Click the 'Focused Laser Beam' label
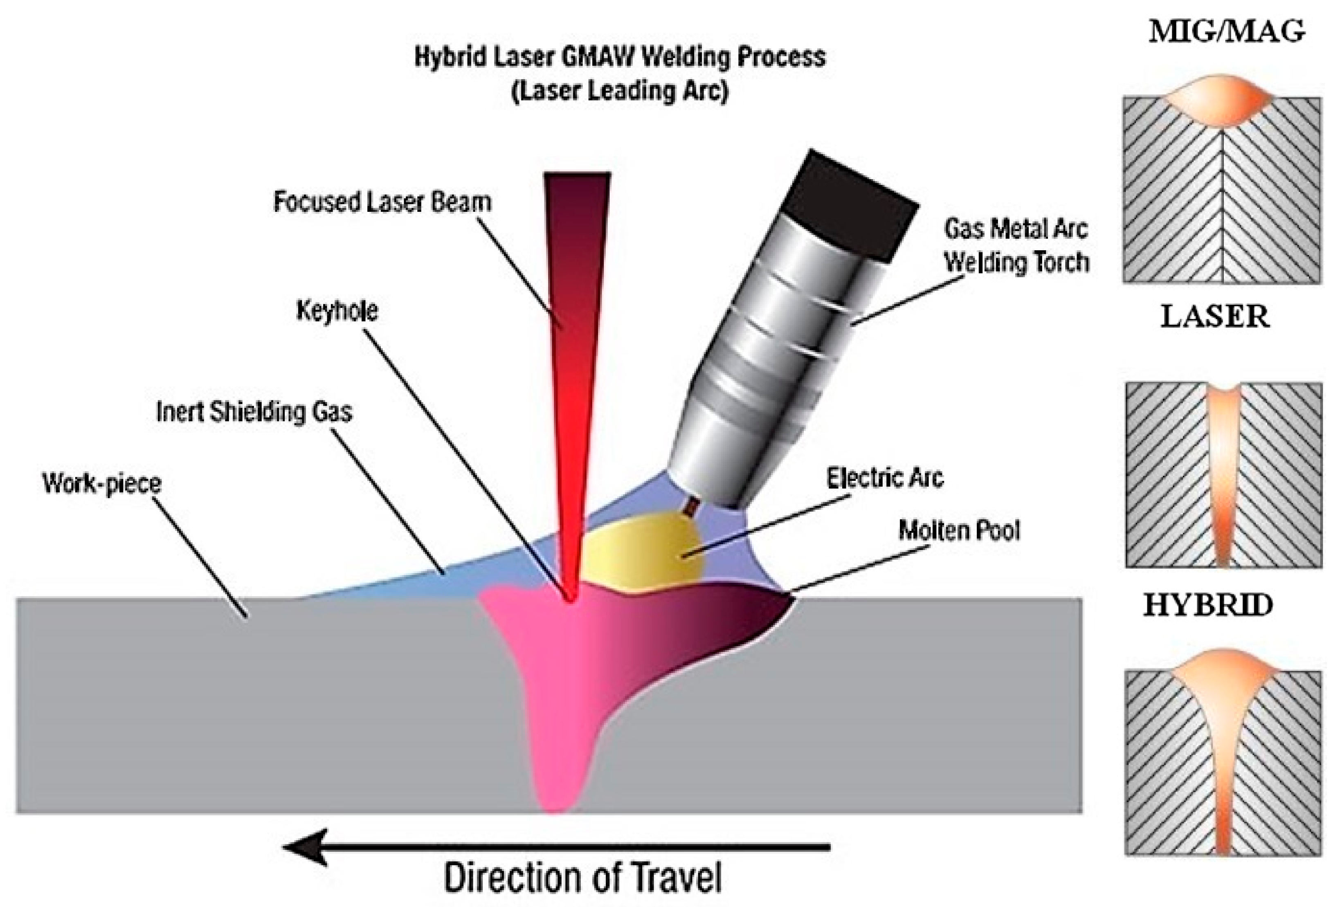[382, 202]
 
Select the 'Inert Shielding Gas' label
[254, 412]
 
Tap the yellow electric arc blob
[643, 554]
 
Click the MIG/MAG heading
[1226, 32]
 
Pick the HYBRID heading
[1208, 606]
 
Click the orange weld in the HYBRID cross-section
[1222, 721]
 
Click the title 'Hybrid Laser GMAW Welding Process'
[620, 58]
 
